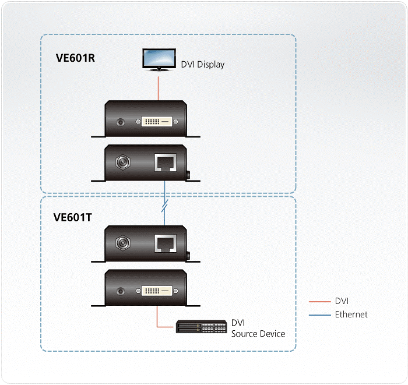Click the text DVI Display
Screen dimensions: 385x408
[202, 65]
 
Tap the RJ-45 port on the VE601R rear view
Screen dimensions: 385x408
[163, 163]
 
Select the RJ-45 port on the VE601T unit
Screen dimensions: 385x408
[163, 243]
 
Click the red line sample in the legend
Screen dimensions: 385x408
[321, 302]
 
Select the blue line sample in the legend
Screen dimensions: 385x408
[321, 315]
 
